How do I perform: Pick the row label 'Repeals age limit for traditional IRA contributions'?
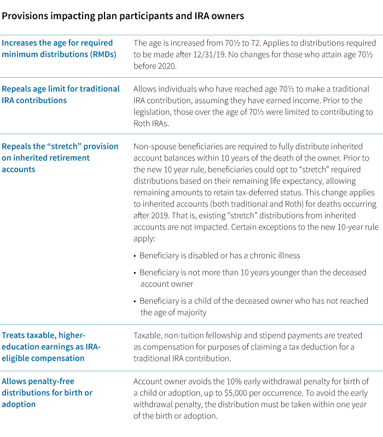[x=60, y=94]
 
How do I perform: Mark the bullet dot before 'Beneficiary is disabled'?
[x=135, y=256]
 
